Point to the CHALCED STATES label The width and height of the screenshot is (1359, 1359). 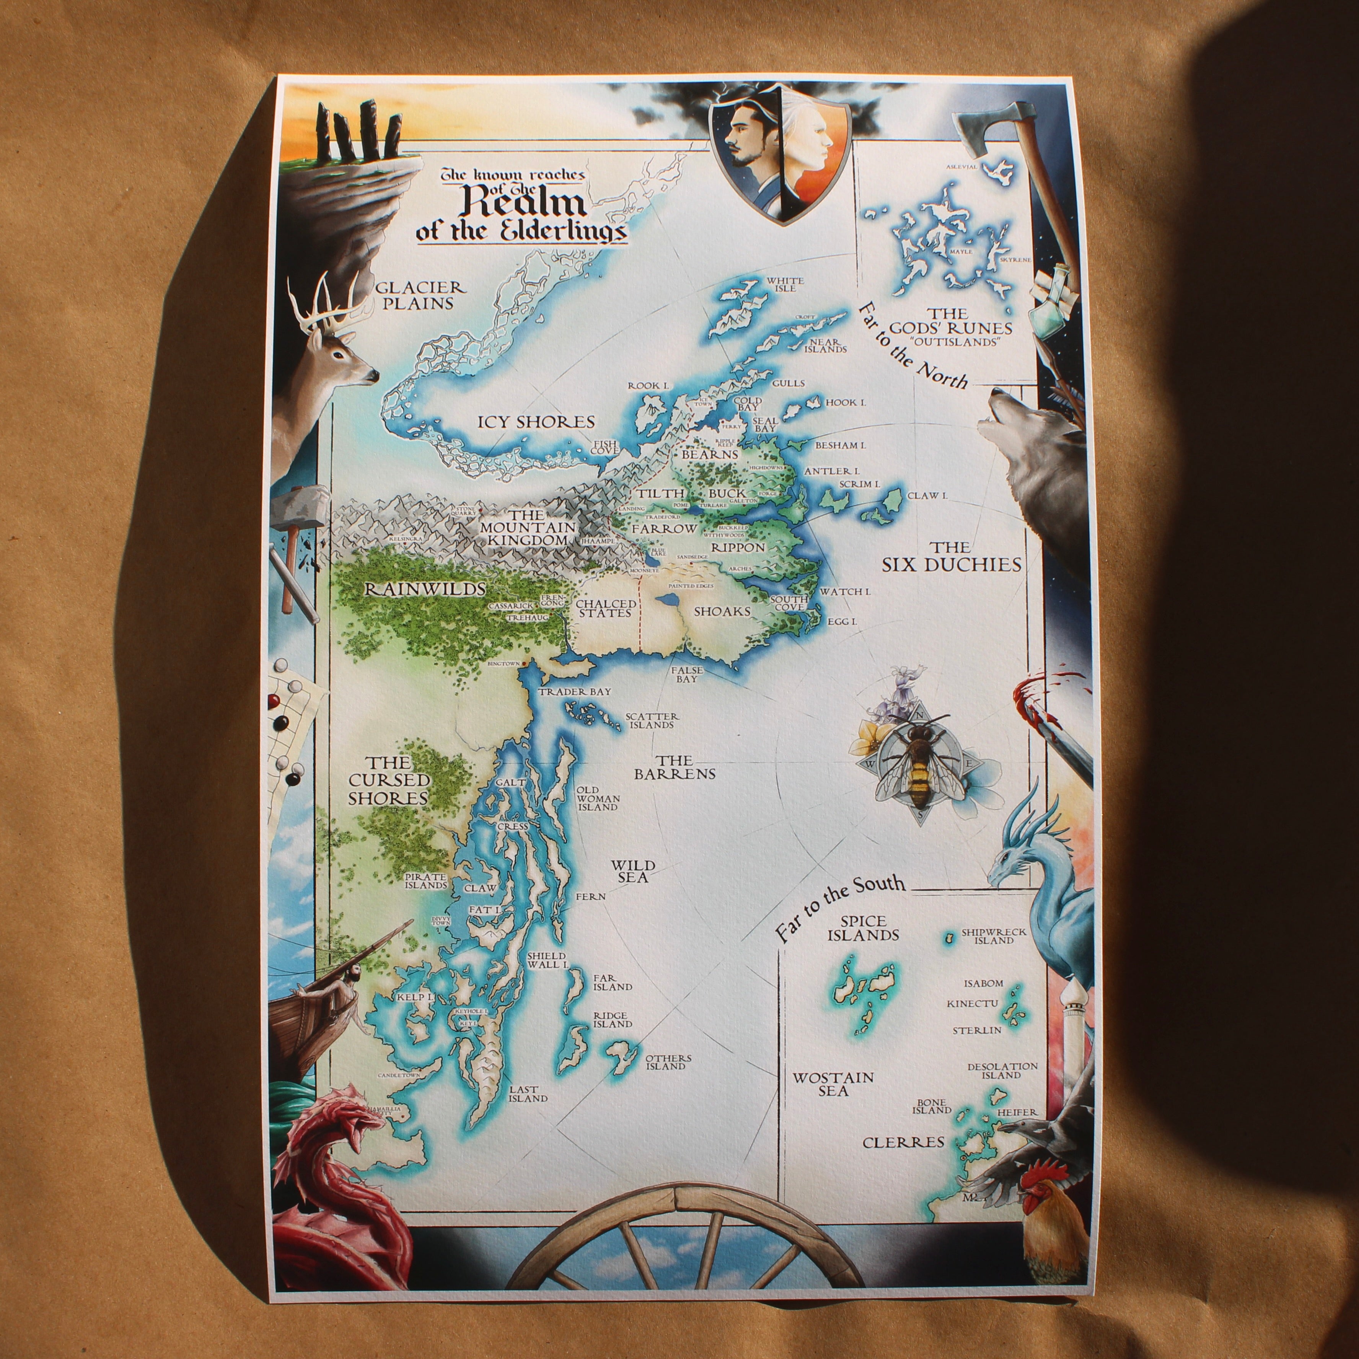606,608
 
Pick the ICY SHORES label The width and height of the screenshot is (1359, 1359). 536,422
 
